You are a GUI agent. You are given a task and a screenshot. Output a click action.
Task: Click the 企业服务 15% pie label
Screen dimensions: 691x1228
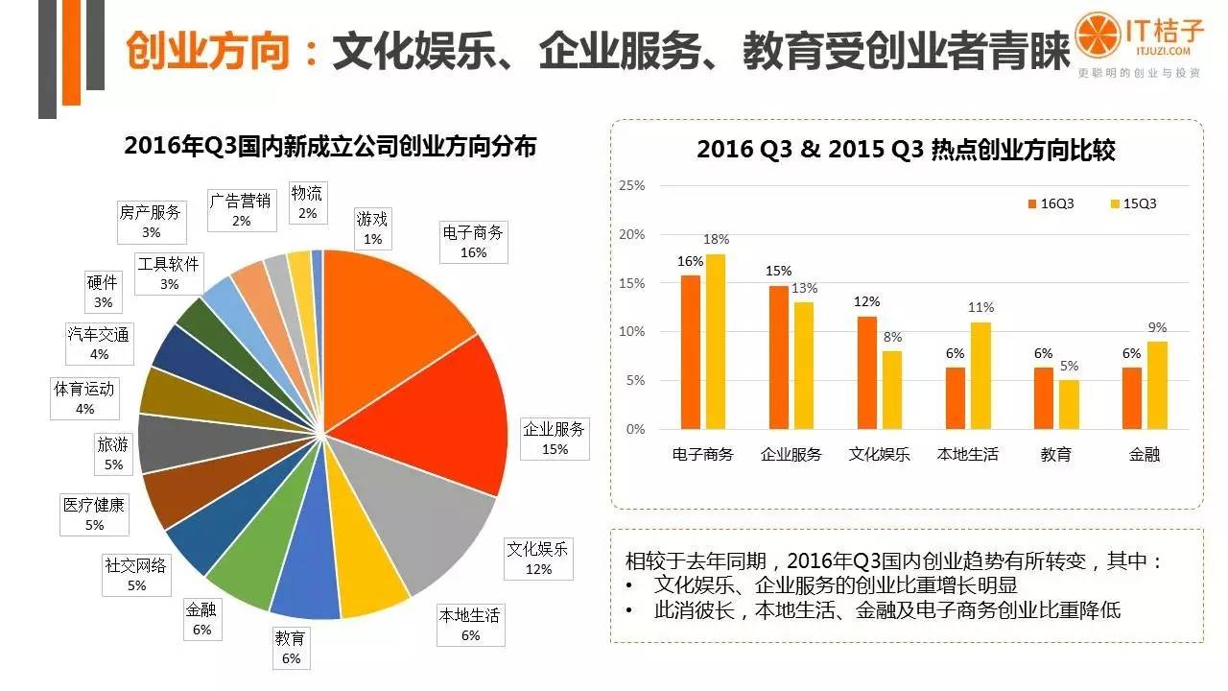tap(554, 439)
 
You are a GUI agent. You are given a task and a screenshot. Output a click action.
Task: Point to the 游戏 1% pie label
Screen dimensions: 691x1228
tap(372, 228)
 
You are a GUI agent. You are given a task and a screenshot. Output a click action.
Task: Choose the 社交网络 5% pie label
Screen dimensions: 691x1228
tap(135, 575)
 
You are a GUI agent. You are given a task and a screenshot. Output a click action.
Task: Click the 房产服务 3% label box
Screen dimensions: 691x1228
tap(151, 222)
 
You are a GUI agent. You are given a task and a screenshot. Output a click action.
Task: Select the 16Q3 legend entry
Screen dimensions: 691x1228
tap(1054, 203)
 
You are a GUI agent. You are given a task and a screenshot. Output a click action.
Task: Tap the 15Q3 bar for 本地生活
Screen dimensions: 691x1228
tap(980, 375)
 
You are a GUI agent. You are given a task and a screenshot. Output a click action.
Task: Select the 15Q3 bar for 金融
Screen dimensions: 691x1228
tap(1157, 385)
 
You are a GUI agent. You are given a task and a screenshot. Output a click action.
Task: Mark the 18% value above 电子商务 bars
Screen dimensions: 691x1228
tap(717, 239)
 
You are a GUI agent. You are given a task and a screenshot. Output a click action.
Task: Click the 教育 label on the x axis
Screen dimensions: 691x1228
tap(1055, 454)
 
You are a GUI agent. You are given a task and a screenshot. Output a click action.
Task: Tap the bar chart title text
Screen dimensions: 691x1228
tap(906, 150)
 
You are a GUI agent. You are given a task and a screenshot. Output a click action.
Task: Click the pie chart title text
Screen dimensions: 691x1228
tap(330, 146)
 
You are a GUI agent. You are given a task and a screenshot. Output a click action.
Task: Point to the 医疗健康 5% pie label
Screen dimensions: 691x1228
tap(94, 513)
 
